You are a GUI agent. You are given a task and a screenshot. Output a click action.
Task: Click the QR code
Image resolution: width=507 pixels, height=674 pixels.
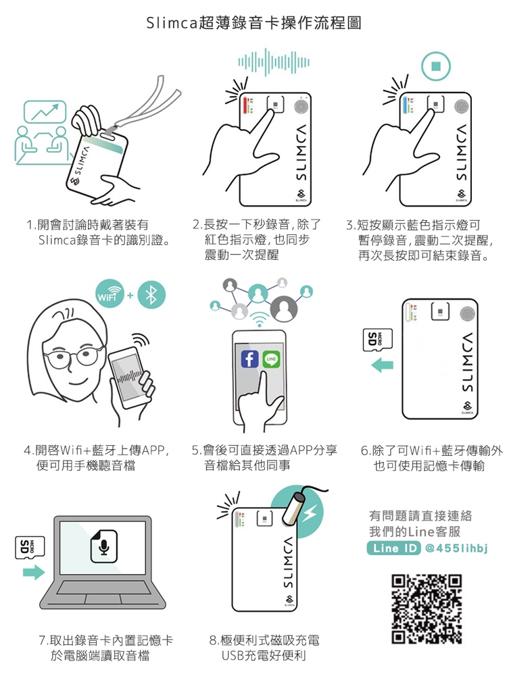coord(427,609)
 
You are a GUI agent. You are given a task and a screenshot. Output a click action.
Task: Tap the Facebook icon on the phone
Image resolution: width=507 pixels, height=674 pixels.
coord(250,359)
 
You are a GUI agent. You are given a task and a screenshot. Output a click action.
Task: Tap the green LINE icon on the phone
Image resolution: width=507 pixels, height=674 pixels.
coord(271,359)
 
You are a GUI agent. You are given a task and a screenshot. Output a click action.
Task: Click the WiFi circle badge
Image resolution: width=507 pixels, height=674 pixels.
coord(110,294)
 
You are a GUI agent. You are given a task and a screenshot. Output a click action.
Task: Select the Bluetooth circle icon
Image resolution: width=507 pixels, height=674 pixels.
coord(151,294)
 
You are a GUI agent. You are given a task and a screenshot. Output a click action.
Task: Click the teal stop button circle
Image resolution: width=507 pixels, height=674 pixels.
coord(436,66)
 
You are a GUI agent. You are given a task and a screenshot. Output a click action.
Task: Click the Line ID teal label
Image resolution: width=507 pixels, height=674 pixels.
coord(393,548)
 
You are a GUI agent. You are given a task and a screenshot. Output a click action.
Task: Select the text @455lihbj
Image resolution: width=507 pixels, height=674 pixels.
coord(456,548)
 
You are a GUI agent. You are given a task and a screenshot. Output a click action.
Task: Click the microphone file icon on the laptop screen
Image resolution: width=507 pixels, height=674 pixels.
coord(103,546)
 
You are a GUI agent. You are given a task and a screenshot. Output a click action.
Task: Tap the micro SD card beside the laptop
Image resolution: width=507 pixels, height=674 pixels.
coord(30,548)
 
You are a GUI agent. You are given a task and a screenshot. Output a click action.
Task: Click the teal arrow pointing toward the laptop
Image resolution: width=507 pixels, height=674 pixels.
coord(34,572)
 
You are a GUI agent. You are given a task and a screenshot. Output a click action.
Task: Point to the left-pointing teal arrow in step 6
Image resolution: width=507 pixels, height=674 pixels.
coord(382,365)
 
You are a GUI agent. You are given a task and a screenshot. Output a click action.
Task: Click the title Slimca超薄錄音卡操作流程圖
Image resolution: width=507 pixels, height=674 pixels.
coord(254,23)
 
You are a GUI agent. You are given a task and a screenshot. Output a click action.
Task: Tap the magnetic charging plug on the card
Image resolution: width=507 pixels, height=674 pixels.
coord(293,509)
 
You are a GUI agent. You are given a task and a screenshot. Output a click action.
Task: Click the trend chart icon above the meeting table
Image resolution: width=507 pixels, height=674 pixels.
coord(45,111)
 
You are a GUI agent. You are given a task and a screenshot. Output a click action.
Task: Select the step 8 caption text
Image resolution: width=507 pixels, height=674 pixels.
coord(264,648)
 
